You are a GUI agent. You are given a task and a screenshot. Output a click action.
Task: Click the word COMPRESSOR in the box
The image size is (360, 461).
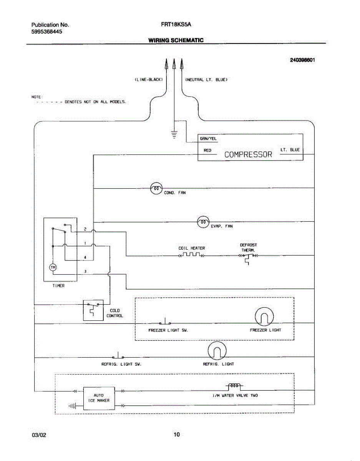(248, 154)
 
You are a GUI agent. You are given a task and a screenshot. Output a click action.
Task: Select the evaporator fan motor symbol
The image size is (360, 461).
(203, 222)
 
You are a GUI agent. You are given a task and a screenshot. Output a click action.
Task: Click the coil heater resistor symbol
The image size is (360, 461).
(191, 255)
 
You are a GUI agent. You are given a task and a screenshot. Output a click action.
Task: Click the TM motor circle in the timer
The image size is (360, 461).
(53, 267)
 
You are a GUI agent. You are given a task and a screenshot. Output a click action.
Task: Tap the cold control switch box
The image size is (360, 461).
(93, 310)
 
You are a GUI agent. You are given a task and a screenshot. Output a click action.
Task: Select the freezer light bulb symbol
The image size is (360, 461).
(265, 317)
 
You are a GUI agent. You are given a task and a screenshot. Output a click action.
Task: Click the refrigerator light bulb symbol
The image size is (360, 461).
(217, 351)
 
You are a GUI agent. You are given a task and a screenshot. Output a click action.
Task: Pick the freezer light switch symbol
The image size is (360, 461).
(165, 322)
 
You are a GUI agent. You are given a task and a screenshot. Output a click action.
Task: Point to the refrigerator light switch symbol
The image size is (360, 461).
(118, 356)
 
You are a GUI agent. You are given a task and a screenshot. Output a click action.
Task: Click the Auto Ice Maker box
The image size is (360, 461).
(99, 398)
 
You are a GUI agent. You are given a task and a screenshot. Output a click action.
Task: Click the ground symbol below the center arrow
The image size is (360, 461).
(174, 134)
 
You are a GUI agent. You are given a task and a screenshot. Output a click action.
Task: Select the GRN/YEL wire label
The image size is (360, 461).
(208, 139)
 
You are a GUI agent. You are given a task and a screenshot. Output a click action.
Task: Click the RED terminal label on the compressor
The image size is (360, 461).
(207, 150)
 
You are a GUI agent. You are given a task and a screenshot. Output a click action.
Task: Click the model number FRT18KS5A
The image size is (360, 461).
(176, 25)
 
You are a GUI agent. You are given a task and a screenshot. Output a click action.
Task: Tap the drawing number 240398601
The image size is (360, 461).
(302, 60)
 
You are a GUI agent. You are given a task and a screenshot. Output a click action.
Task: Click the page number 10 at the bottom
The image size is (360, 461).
(176, 434)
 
